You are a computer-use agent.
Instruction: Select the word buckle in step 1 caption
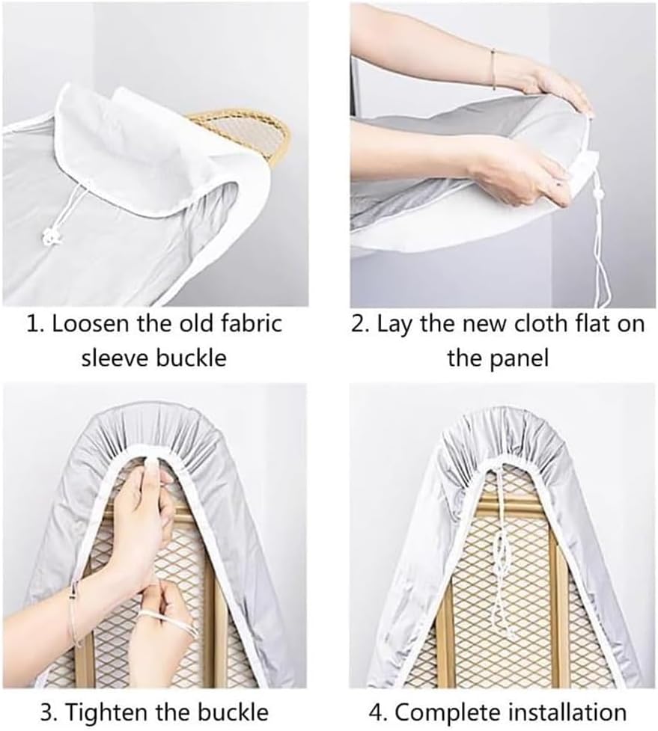click(191, 358)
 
